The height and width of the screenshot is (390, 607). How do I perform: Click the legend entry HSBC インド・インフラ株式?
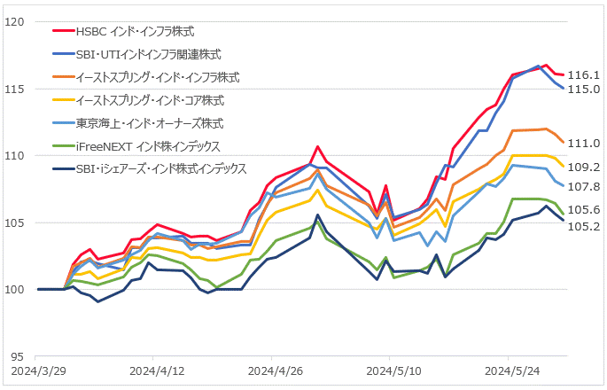click(x=135, y=31)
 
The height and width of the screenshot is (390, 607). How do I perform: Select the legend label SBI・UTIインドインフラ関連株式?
click(x=149, y=54)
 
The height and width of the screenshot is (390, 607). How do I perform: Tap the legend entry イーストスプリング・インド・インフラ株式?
click(x=158, y=77)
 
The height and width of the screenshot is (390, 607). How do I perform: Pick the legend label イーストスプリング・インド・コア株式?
click(x=150, y=100)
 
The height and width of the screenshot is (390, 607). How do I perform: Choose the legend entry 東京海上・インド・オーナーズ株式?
click(x=150, y=123)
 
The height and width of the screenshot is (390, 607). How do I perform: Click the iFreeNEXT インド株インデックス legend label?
click(x=148, y=146)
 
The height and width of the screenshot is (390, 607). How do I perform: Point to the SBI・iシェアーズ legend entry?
click(x=161, y=169)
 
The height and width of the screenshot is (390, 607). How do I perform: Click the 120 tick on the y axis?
click(x=15, y=22)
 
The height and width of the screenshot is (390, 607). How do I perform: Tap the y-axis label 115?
click(x=15, y=89)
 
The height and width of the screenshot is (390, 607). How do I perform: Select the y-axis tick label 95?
click(x=18, y=356)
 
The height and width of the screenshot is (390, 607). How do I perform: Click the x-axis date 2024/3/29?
click(x=39, y=371)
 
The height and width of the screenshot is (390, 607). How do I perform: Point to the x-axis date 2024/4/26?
click(x=276, y=371)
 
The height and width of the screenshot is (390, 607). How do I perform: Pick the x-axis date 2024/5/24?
click(x=512, y=371)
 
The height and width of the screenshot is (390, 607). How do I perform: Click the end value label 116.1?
click(x=584, y=74)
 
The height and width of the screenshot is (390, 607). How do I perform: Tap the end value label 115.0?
click(x=584, y=89)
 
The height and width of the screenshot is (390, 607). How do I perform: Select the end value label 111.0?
click(x=584, y=144)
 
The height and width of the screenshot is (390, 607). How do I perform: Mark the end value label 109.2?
click(x=584, y=168)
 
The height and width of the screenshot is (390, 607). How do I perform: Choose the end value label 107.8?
click(x=584, y=187)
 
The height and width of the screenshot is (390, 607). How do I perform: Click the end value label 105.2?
click(x=584, y=226)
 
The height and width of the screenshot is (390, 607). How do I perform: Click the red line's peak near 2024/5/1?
click(x=317, y=146)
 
